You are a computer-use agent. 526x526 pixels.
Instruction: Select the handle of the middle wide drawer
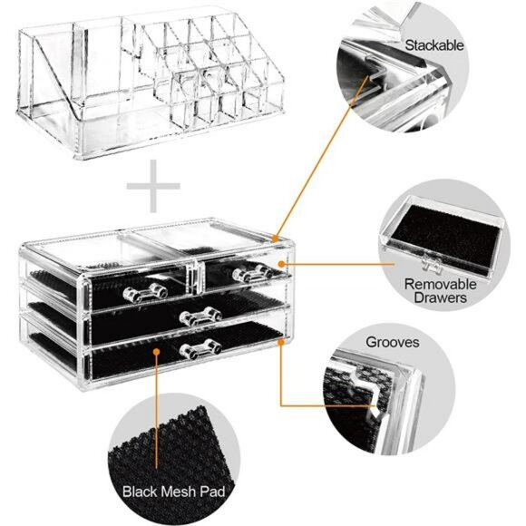point(200,315)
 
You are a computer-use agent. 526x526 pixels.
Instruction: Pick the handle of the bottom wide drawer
point(197,348)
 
